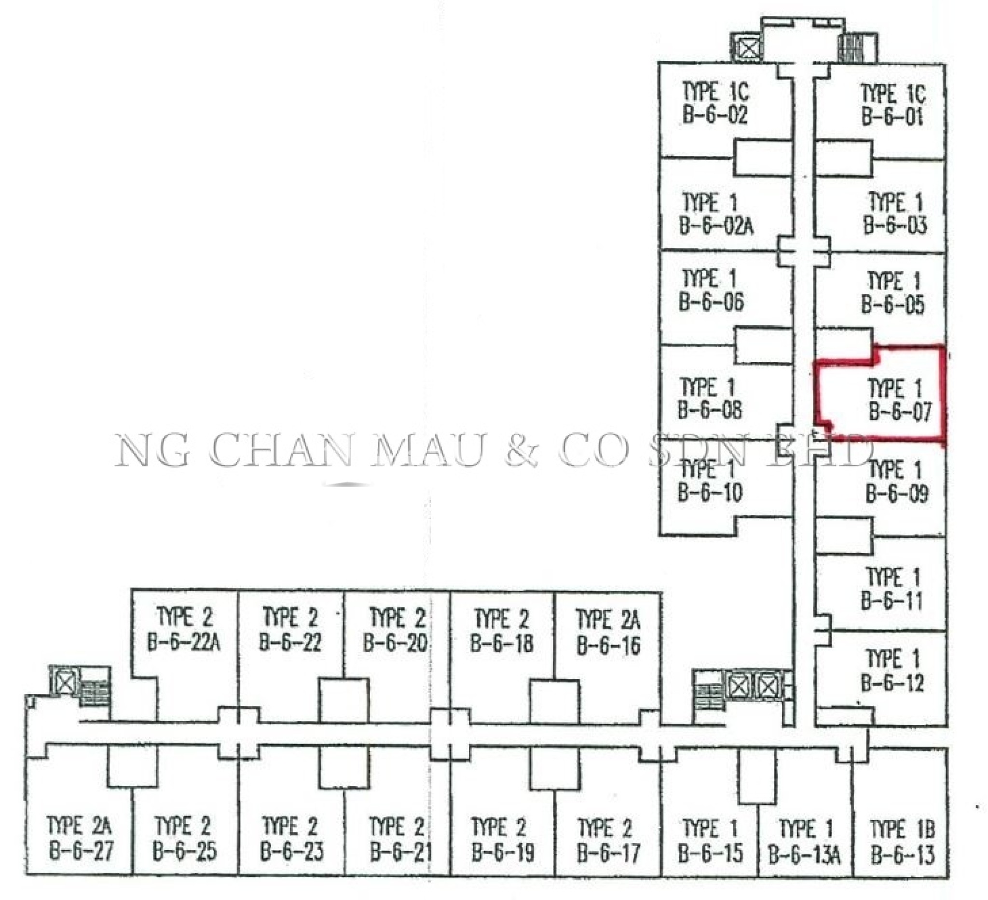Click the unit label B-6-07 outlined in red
pyautogui.click(x=900, y=410)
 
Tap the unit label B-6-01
pyautogui.click(x=892, y=117)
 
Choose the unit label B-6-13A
pyautogui.click(x=804, y=855)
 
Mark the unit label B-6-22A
pyautogui.click(x=184, y=642)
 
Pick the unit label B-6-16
pyautogui.click(x=608, y=645)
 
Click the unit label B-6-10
pyautogui.click(x=710, y=492)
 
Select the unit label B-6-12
pyautogui.click(x=892, y=682)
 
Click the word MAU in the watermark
pyautogui.click(x=427, y=450)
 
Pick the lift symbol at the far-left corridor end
pyautogui.click(x=65, y=682)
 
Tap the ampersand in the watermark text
pyautogui.click(x=522, y=450)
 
